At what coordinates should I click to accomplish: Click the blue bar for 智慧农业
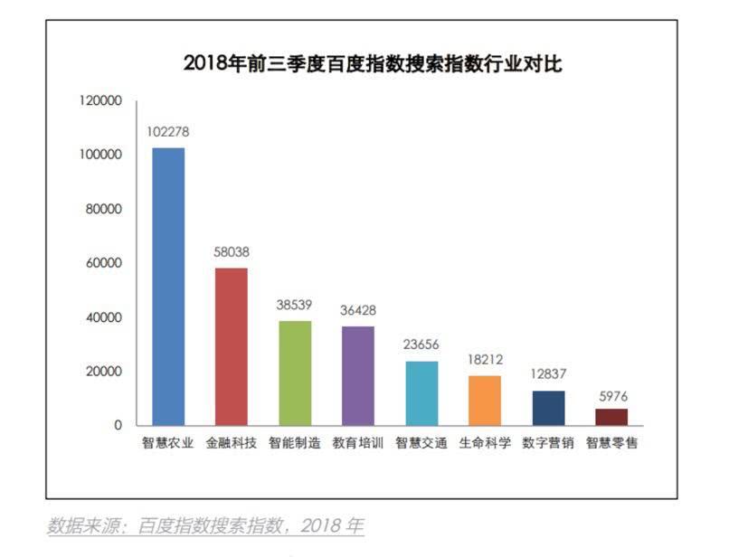click(x=168, y=286)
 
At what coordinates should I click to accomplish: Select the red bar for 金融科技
click(x=232, y=346)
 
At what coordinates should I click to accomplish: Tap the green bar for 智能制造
click(x=295, y=373)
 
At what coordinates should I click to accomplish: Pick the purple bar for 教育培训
click(x=358, y=375)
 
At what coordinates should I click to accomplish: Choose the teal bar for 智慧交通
click(x=421, y=392)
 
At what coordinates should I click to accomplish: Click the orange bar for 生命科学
click(x=485, y=400)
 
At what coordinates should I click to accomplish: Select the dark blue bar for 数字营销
click(x=548, y=408)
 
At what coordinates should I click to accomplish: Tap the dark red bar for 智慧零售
click(x=611, y=417)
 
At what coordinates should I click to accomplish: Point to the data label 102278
click(x=168, y=132)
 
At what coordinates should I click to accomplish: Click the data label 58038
click(x=232, y=252)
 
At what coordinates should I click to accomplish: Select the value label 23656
click(x=421, y=345)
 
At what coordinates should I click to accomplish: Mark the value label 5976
click(x=611, y=395)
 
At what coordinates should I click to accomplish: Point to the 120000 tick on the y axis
click(x=99, y=101)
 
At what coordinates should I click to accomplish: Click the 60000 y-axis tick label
click(x=102, y=263)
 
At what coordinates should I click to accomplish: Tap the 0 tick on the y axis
click(x=118, y=425)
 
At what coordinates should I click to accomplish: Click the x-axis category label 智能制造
click(x=295, y=444)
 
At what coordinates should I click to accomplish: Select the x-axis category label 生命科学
click(x=485, y=444)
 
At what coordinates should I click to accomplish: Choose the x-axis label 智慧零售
click(x=611, y=444)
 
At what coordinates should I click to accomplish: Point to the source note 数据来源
click(x=205, y=526)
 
